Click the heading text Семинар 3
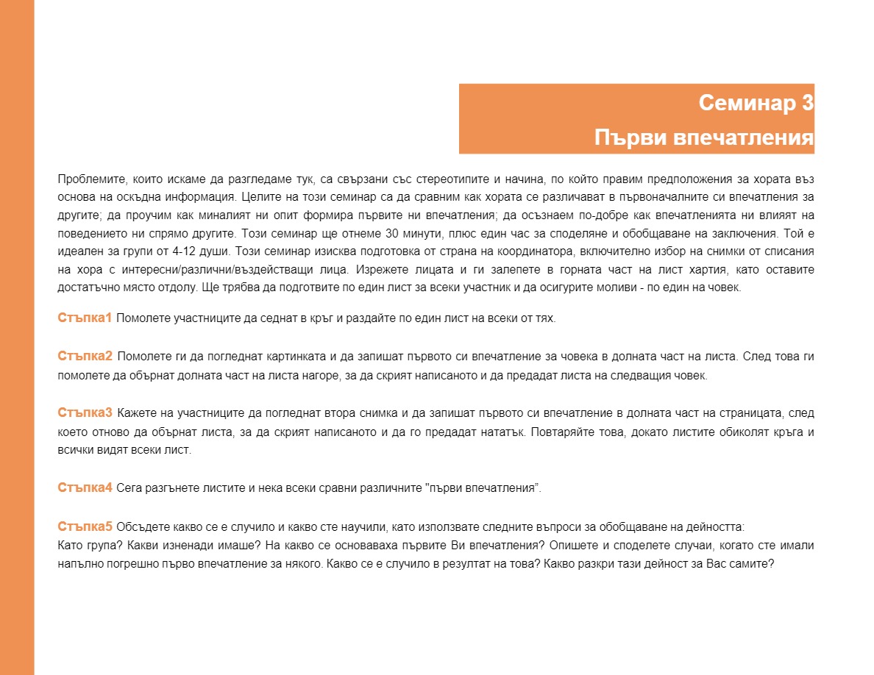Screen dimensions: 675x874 [756, 103]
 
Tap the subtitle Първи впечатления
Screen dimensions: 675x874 [703, 138]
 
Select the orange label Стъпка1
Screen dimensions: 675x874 [85, 318]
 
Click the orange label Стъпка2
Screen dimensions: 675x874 [85, 357]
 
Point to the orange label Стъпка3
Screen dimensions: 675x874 [85, 412]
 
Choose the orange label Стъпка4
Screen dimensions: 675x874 [85, 488]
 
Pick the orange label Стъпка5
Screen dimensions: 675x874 [85, 526]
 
